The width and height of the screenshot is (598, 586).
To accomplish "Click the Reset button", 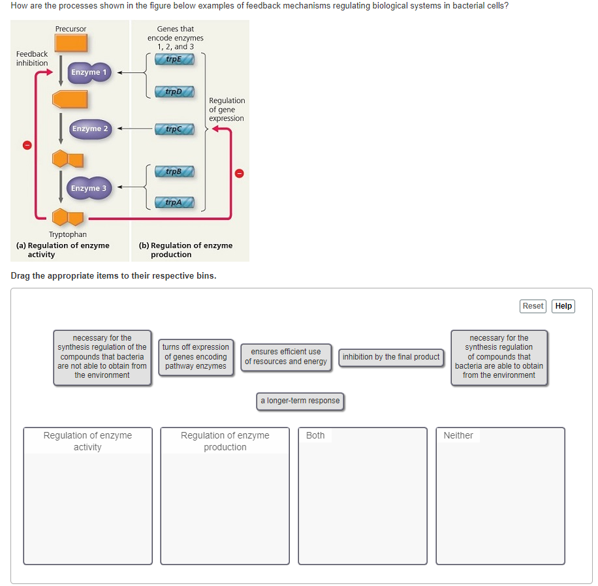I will (x=533, y=306).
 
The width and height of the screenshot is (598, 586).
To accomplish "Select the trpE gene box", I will (x=174, y=59).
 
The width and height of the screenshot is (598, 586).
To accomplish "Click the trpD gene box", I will (x=174, y=91).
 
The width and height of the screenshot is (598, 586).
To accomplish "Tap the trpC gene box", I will (x=174, y=129).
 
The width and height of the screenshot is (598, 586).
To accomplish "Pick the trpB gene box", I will (x=174, y=172).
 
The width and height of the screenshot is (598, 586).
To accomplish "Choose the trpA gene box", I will (x=174, y=202).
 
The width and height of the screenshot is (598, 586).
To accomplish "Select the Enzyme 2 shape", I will (x=90, y=129).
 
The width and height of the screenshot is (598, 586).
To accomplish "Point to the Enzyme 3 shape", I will (x=89, y=189).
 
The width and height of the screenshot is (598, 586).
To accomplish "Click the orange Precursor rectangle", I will (x=71, y=43).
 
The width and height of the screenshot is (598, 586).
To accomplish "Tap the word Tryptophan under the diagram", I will (x=68, y=234).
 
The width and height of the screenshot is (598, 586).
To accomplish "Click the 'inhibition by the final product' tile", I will (x=391, y=357).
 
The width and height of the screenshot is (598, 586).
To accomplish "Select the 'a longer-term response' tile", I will (x=300, y=401).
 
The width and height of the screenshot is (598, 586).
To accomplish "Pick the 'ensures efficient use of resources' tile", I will (x=286, y=357).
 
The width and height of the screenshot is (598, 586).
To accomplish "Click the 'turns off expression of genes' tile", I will (x=196, y=357).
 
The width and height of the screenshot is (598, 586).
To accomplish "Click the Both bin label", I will (x=315, y=435).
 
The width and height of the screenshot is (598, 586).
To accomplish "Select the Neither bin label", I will (x=458, y=435).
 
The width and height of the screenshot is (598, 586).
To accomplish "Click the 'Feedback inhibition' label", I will (x=32, y=59).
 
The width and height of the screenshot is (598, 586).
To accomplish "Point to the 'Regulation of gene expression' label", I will (x=227, y=110).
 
